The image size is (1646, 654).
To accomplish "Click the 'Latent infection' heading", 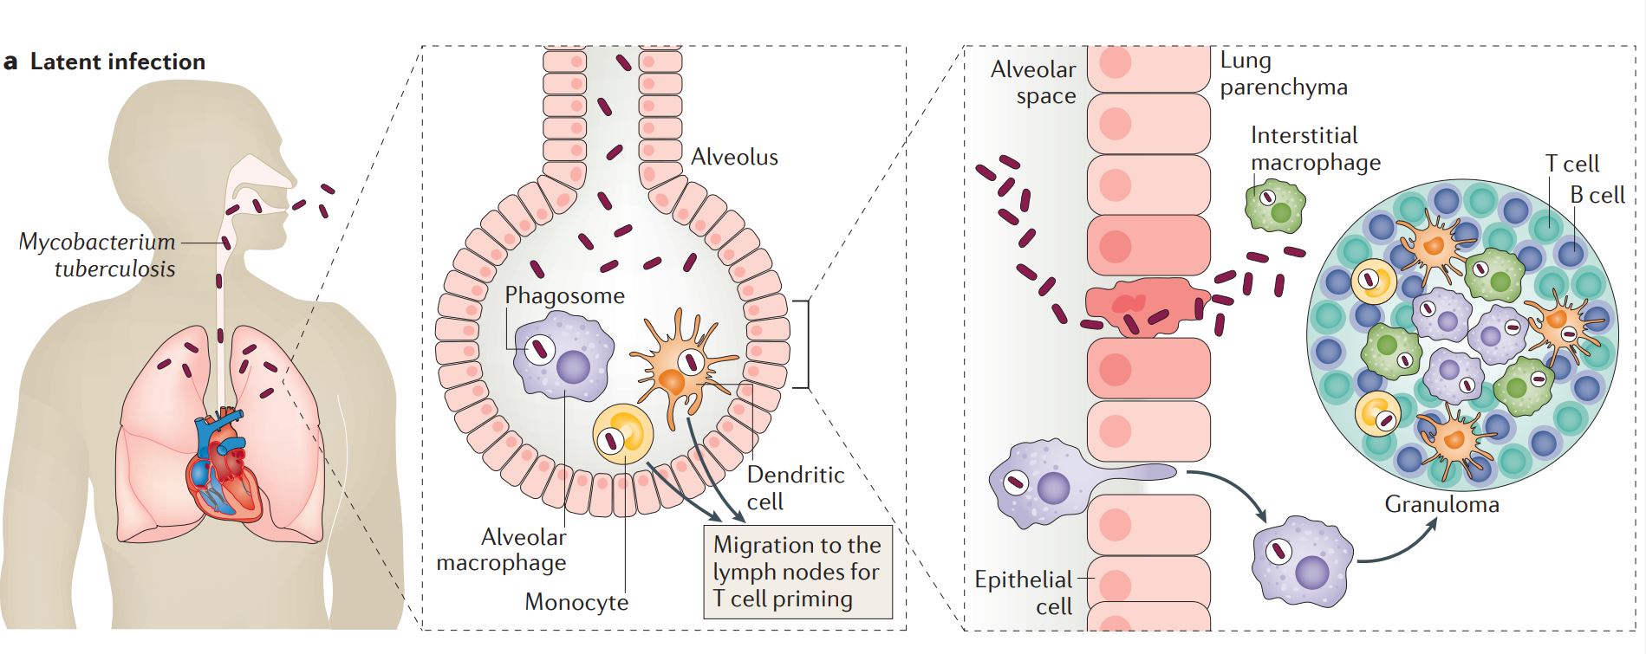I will tap(117, 62).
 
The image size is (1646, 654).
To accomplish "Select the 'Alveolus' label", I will tap(734, 158).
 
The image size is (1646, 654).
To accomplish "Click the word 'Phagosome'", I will tap(564, 295).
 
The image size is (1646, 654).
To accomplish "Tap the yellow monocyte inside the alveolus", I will tap(623, 435).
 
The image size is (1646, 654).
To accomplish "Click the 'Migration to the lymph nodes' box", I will tap(797, 572).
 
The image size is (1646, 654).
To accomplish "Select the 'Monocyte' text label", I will tap(576, 602).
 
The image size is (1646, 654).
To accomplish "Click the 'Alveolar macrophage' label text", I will tap(503, 550).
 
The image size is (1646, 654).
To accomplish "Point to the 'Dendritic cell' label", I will tap(794, 488).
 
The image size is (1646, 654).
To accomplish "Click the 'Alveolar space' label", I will tap(1034, 82).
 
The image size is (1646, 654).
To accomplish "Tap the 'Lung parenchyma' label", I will tap(1282, 74).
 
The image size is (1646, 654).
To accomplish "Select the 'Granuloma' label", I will tap(1441, 504).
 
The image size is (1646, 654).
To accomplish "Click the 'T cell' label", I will tap(1571, 164).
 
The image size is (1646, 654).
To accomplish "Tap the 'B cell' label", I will tap(1597, 196).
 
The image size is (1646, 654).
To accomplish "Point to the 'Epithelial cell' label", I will tap(1025, 592).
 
